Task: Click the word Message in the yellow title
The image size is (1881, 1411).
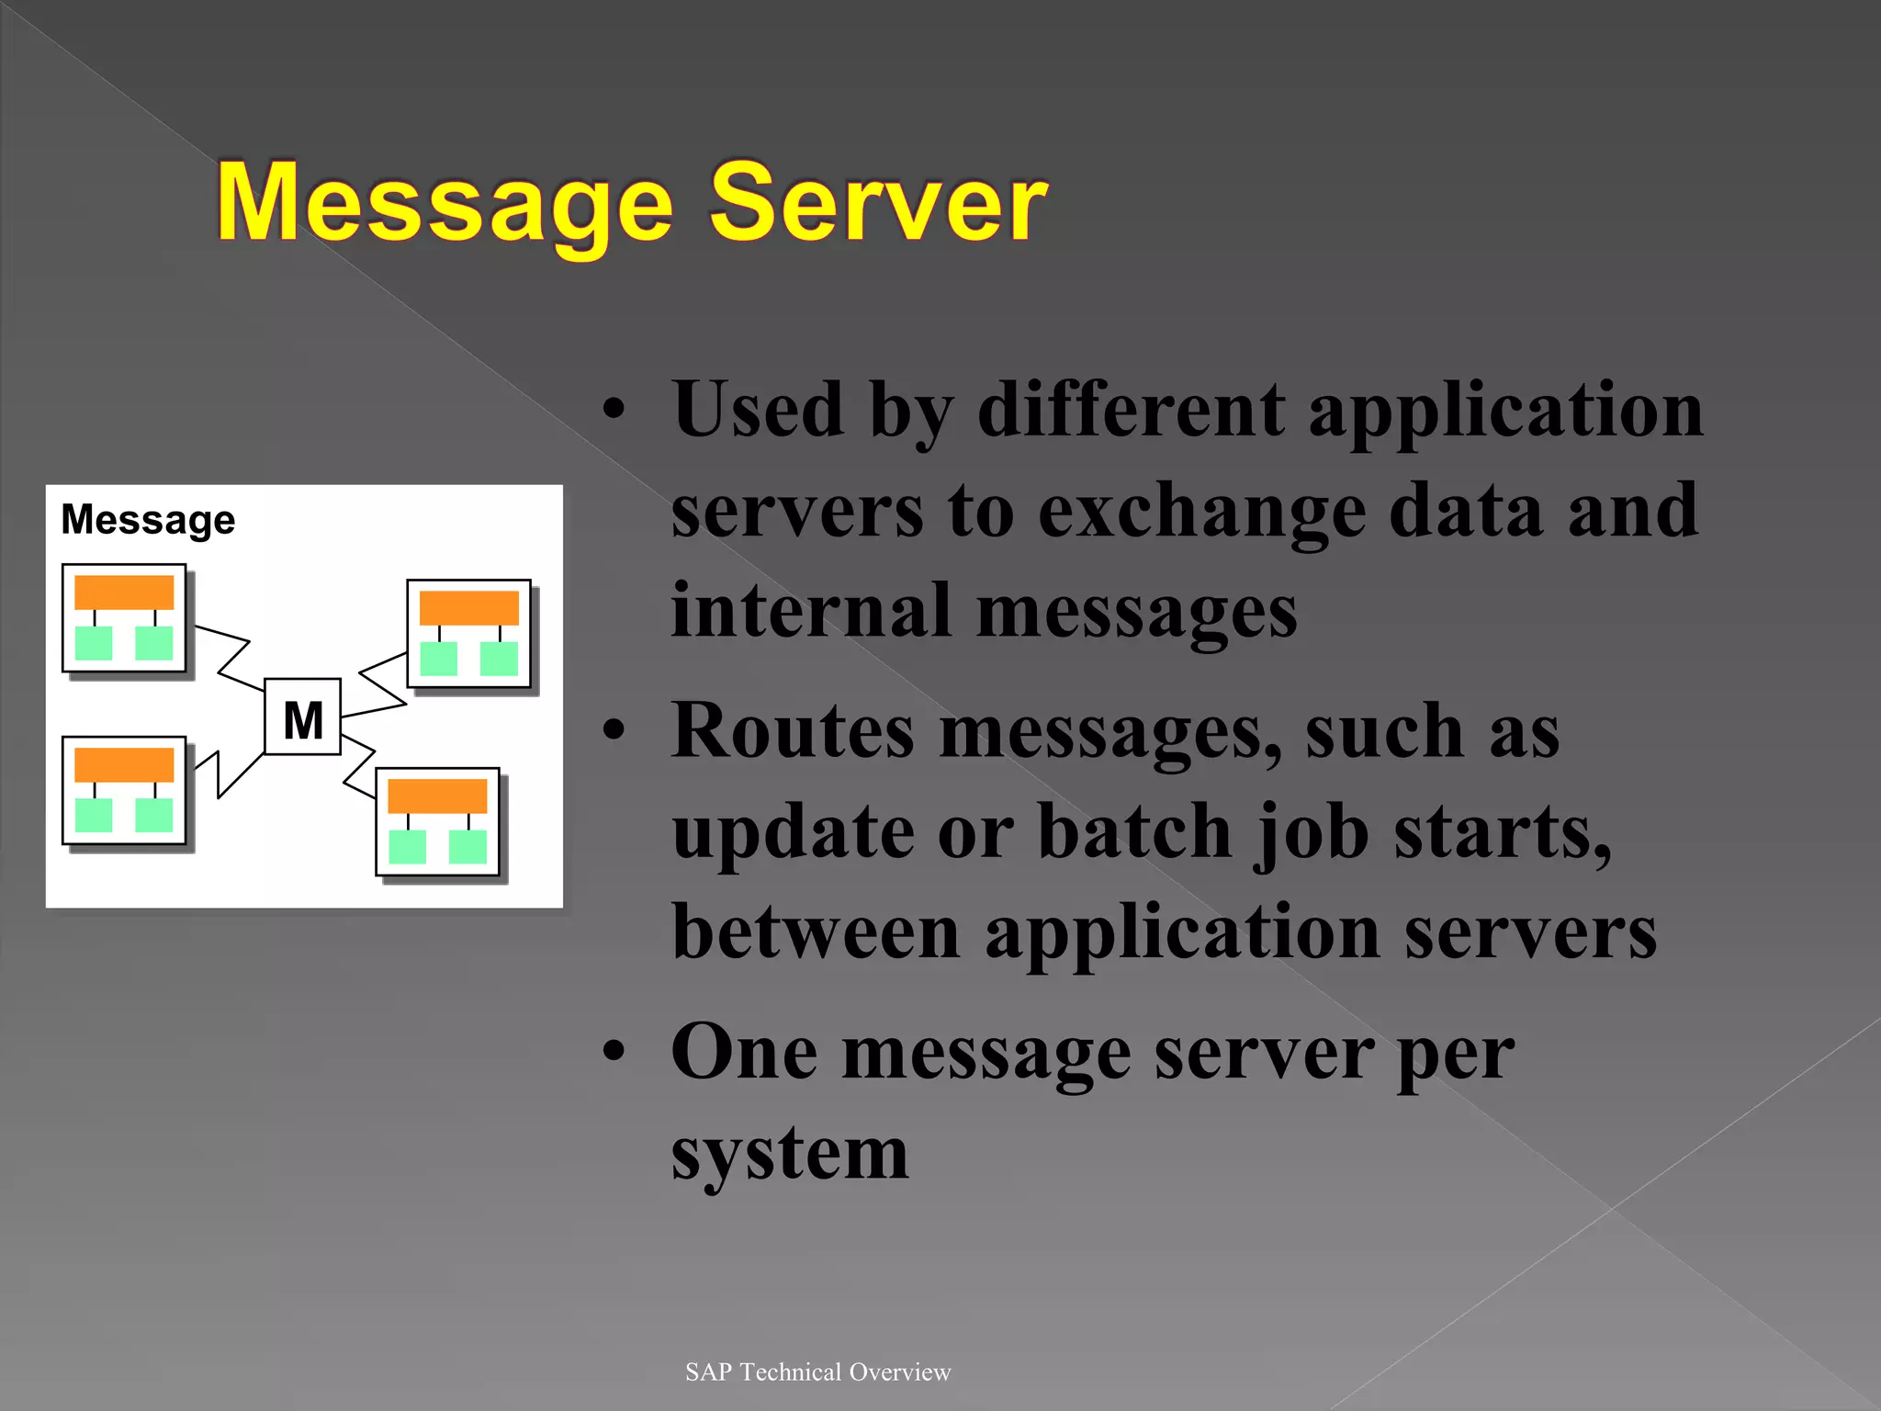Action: click(445, 204)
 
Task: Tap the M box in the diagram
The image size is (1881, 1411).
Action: click(303, 717)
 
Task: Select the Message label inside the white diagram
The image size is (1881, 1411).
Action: click(148, 520)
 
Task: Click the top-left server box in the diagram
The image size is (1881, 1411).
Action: click(124, 618)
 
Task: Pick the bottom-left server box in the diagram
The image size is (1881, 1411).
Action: click(124, 790)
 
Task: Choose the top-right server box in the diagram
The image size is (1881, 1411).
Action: click(469, 634)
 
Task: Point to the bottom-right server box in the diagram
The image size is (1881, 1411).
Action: click(438, 821)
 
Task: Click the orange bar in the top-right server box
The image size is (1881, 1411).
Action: click(469, 608)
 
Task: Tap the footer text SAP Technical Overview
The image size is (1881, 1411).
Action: click(817, 1371)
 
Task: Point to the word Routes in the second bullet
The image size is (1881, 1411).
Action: click(793, 731)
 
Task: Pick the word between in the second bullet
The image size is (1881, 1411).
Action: click(816, 931)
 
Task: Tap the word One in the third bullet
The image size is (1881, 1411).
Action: click(744, 1052)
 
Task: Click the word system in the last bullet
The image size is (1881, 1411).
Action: click(790, 1154)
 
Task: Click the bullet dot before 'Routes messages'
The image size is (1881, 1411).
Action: click(614, 729)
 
